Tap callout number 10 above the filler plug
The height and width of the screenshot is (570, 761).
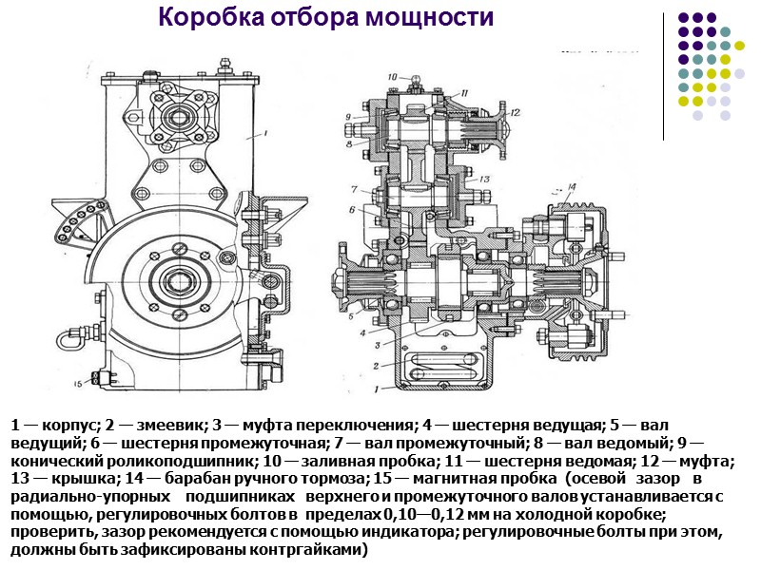tap(392, 76)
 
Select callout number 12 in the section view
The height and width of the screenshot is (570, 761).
tap(515, 111)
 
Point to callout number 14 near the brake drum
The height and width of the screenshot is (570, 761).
tap(571, 186)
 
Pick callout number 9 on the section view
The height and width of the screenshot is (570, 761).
tap(349, 118)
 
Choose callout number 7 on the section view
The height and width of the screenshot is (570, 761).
tap(353, 188)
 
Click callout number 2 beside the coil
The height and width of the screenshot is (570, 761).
tap(377, 365)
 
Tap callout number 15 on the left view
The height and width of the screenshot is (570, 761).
tap(78, 384)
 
